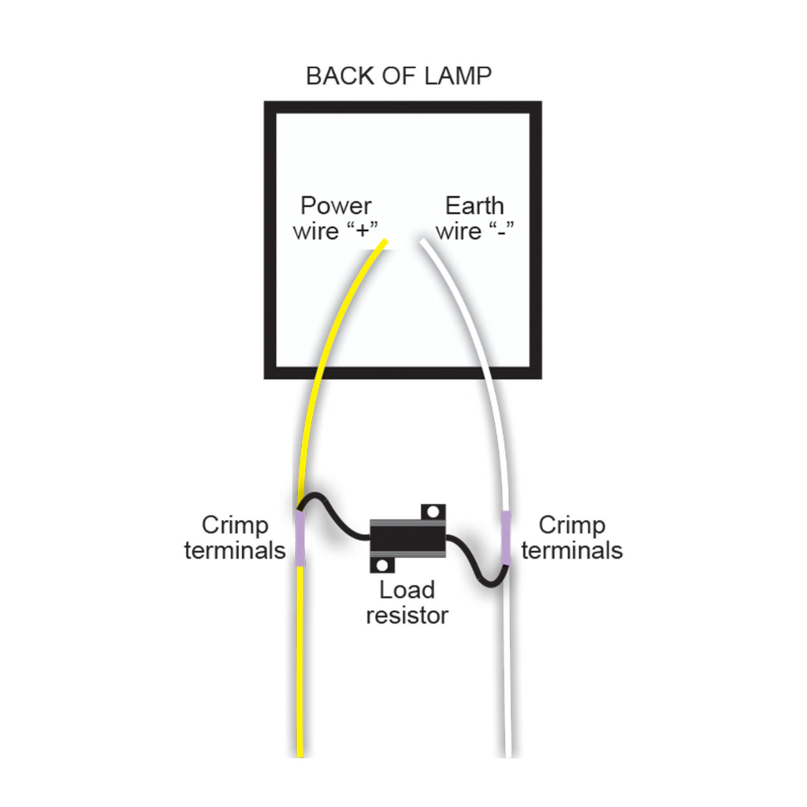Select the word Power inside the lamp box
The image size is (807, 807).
(336, 206)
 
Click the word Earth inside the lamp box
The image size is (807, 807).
(474, 206)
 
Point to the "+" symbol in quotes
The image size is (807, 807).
(363, 232)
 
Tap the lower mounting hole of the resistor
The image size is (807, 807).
(384, 565)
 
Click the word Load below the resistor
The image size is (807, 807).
(407, 589)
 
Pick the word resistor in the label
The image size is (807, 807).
(407, 615)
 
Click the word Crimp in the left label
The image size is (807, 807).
(235, 525)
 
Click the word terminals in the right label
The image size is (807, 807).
(572, 550)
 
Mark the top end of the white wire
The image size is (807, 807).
(425, 243)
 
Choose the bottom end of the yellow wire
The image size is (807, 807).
(300, 753)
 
